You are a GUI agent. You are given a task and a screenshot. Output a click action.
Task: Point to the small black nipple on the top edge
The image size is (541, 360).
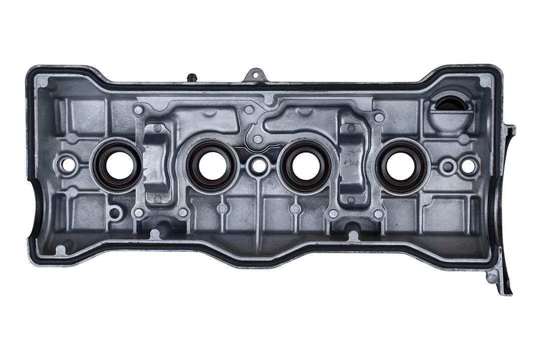[x=191, y=78]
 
